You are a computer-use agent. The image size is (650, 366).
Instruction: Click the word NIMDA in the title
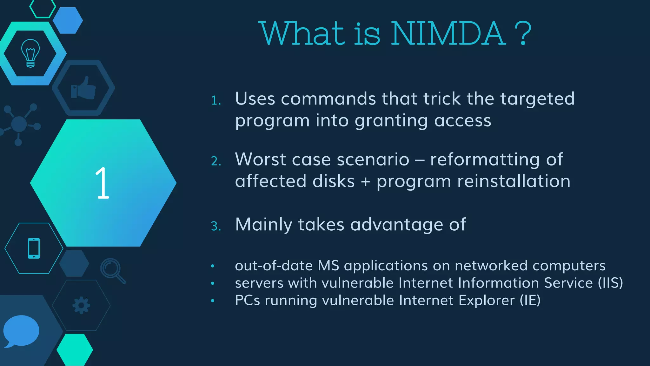click(x=448, y=34)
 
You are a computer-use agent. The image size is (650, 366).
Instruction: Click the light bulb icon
click(x=30, y=53)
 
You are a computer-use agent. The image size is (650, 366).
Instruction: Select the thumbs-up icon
click(x=83, y=88)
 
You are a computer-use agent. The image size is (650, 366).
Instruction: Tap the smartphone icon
click(x=34, y=248)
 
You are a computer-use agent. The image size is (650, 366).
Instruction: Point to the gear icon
click(x=81, y=305)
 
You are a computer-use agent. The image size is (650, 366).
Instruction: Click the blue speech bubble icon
click(x=21, y=331)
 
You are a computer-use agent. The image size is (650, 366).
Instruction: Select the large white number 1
click(x=102, y=183)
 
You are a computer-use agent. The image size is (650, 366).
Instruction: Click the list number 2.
click(x=216, y=161)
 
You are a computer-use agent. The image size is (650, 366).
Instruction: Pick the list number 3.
click(x=216, y=226)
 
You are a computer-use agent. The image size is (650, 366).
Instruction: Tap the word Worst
click(x=260, y=159)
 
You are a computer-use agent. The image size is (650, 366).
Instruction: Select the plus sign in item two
click(x=366, y=181)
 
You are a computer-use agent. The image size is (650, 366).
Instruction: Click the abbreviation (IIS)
click(x=610, y=283)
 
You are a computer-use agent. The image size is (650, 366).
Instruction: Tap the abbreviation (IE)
click(x=530, y=300)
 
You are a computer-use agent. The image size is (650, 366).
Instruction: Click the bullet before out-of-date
click(x=213, y=266)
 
